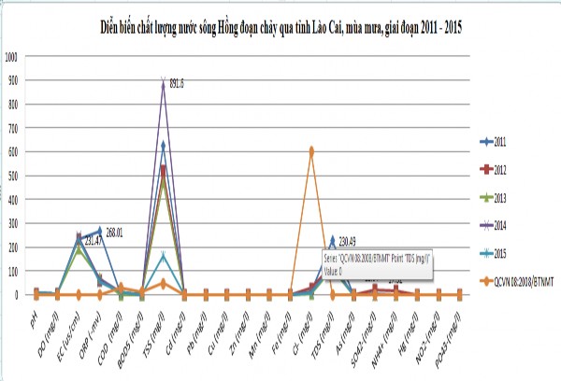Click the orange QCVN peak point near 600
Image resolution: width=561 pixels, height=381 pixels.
pyautogui.click(x=311, y=149)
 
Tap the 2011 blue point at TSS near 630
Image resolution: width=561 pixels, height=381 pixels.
pyautogui.click(x=164, y=145)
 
